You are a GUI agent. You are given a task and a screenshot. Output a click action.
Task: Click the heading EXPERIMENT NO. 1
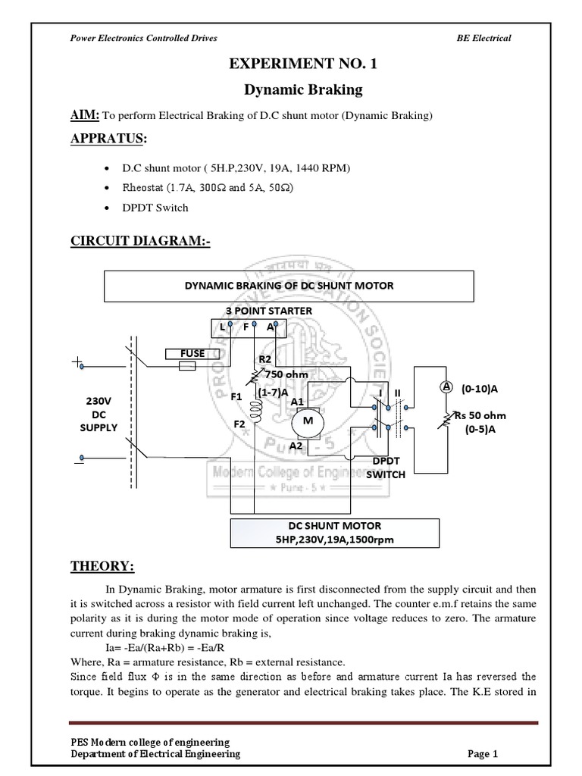[302, 64]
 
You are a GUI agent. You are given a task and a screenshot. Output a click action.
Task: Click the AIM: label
[83, 115]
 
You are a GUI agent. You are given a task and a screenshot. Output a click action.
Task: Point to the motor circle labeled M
[308, 421]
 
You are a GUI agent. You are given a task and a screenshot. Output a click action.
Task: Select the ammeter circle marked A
[447, 386]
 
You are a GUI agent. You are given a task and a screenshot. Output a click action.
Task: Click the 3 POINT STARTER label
[268, 311]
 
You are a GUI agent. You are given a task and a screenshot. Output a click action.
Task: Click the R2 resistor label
[264, 359]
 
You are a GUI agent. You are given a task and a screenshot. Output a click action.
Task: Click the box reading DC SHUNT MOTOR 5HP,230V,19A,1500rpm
[333, 532]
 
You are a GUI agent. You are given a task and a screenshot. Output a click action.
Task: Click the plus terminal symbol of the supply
[78, 364]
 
